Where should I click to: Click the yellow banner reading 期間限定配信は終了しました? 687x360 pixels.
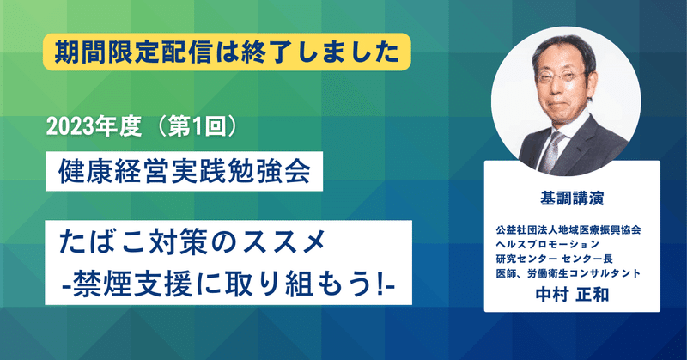(x=227, y=52)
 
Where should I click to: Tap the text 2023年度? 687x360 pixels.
(x=94, y=127)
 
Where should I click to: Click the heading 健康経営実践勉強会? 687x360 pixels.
(x=185, y=171)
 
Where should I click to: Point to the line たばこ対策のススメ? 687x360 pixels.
(x=192, y=242)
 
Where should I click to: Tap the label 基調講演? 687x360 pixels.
(x=572, y=198)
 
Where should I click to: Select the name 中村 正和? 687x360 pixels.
(x=572, y=295)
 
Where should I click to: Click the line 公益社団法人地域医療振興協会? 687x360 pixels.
(x=568, y=229)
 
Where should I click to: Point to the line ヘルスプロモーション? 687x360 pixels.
(x=547, y=244)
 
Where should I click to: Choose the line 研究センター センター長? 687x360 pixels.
(x=554, y=259)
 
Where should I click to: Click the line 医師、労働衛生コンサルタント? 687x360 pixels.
(x=568, y=273)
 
